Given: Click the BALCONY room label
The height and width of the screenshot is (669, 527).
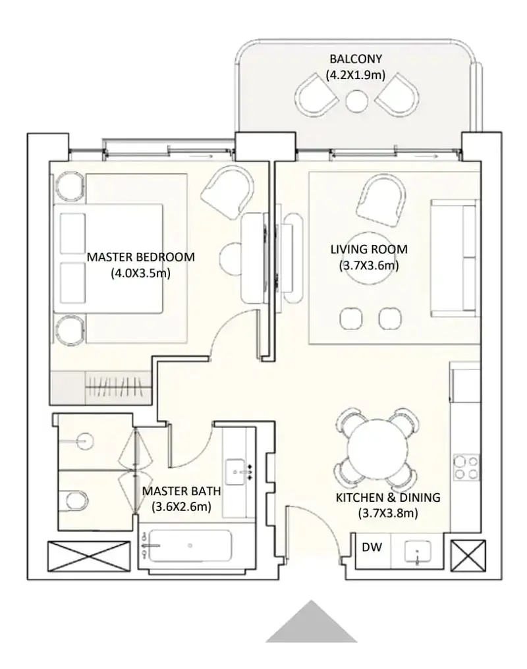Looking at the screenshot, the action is pos(356,59).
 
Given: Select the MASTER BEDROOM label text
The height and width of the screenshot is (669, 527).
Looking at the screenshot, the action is pos(141,257).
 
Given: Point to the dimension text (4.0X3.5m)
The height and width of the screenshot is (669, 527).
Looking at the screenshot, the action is pos(141,273).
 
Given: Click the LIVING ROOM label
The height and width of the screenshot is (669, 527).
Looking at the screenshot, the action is pos(369,249).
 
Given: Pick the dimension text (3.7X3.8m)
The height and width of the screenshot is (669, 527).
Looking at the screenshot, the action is pos(388,513).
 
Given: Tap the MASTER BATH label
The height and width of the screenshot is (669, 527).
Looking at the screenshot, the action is pos(181,491).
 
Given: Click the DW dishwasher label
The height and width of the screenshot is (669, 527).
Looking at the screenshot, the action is pos(372,547).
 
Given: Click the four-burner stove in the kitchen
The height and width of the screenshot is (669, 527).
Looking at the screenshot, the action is pos(466,468).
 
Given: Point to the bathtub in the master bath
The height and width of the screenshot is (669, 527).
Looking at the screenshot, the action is pos(188,546).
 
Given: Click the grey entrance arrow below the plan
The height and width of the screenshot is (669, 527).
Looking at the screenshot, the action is pos(312,621).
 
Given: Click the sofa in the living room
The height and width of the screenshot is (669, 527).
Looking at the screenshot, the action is pos(454,259).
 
